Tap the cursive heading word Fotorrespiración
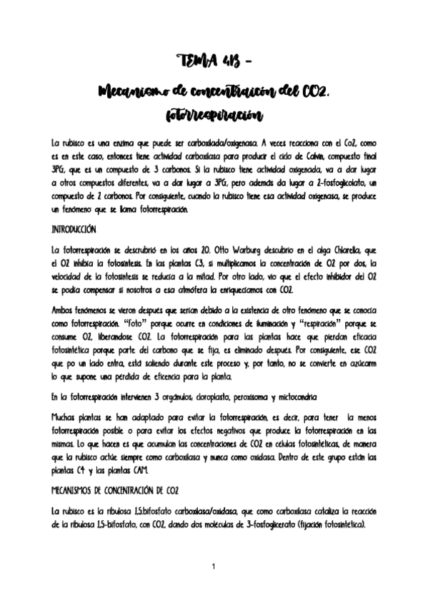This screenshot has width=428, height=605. (x=214, y=114)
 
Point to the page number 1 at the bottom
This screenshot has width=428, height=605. (x=214, y=566)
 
